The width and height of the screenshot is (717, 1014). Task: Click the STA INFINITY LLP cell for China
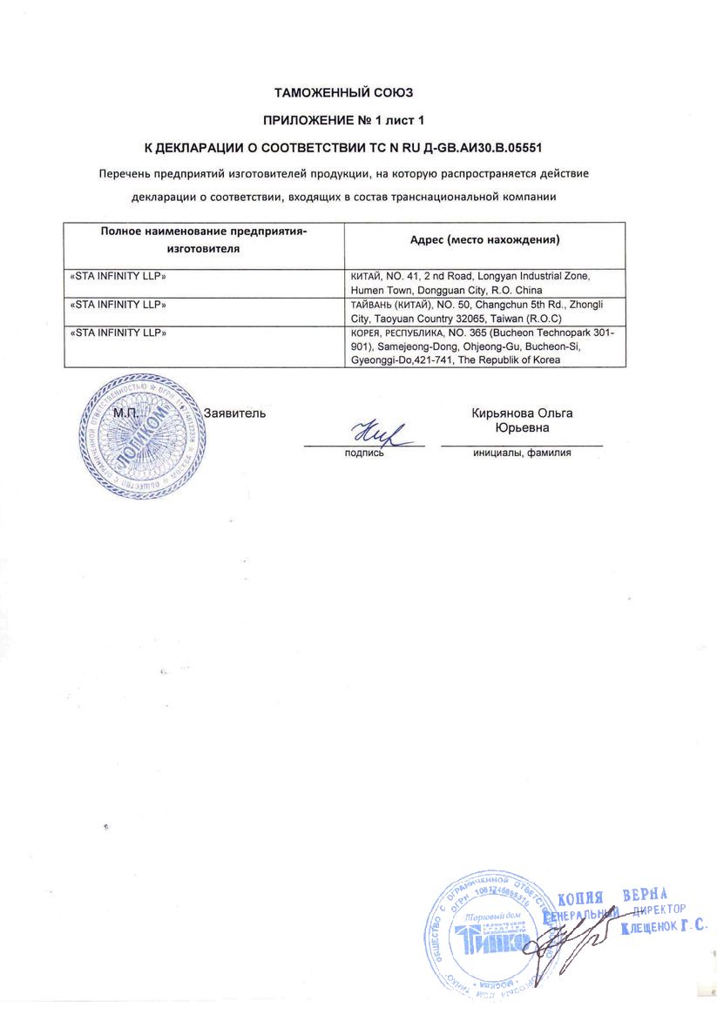118,276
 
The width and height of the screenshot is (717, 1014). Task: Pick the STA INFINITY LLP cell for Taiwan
118,305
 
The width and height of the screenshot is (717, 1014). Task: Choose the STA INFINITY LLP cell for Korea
118,332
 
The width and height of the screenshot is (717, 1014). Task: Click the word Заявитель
234,413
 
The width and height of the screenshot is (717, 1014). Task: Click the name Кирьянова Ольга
522,413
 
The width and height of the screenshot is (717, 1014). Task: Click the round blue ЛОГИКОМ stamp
140,435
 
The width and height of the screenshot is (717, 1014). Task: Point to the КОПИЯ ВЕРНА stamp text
612,896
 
